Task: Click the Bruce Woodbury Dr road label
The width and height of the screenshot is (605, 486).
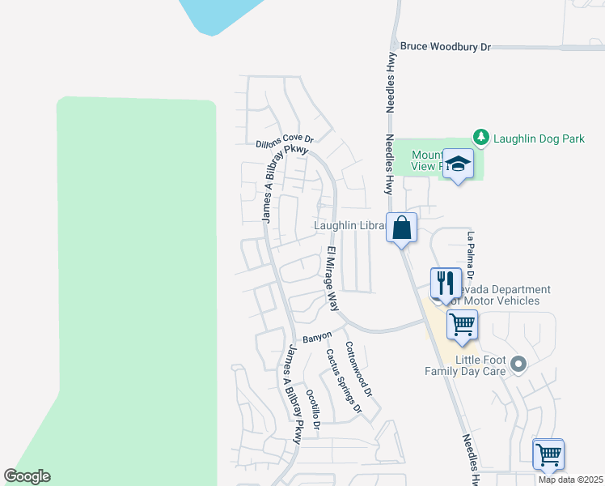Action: coord(446,47)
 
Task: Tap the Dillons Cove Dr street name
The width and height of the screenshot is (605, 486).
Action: coord(284,140)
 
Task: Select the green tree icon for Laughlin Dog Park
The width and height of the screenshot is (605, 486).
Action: coord(481,138)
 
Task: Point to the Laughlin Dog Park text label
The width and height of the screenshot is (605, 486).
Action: coord(539,139)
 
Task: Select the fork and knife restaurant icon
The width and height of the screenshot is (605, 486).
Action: coord(446,283)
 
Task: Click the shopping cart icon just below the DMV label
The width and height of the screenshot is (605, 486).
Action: coord(462,325)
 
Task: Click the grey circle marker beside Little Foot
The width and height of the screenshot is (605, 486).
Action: coord(518,364)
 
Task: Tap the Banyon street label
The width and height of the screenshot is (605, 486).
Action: coord(317,337)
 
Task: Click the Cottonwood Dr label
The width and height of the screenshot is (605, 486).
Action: coord(358,368)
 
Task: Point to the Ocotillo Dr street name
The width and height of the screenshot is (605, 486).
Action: coord(313,410)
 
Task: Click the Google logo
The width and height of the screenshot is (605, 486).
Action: coord(27,476)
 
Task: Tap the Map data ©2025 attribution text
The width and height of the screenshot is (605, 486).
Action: coord(570,480)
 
